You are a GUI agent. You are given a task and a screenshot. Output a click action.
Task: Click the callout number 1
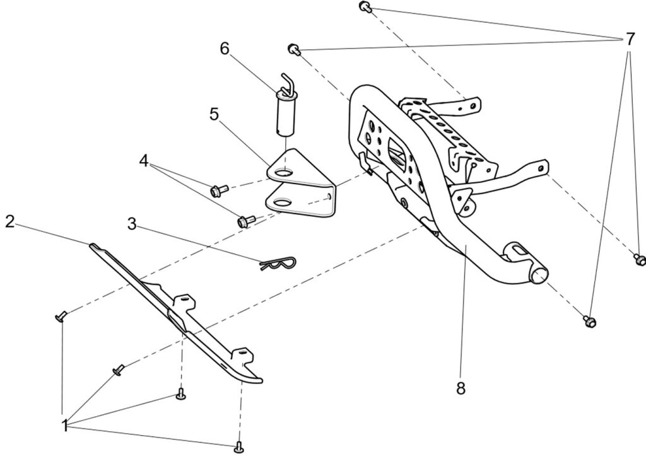pos(64,426)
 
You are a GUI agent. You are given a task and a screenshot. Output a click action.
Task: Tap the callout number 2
pos(9,221)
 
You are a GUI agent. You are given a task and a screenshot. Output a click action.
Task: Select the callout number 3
pos(131,223)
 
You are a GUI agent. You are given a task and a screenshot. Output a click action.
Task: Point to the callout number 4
pos(144,161)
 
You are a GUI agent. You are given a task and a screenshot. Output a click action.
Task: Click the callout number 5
pos(214,114)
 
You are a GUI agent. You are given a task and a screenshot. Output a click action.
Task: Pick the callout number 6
pos(225,49)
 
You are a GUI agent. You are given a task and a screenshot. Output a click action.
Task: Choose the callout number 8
pos(461,388)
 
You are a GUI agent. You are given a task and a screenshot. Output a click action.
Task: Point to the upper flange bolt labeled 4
pos(218,189)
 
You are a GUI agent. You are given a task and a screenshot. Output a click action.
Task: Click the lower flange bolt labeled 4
pos(244,221)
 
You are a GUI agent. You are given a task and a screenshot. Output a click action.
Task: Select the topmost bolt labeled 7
pos(365,7)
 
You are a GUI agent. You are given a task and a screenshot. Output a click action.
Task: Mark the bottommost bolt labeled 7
pos(590,321)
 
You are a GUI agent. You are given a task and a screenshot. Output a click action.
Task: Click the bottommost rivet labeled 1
pos(238,446)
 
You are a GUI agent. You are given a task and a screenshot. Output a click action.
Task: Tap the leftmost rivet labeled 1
pos(60,316)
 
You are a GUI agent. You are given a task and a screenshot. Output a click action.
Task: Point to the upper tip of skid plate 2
pos(93,245)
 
